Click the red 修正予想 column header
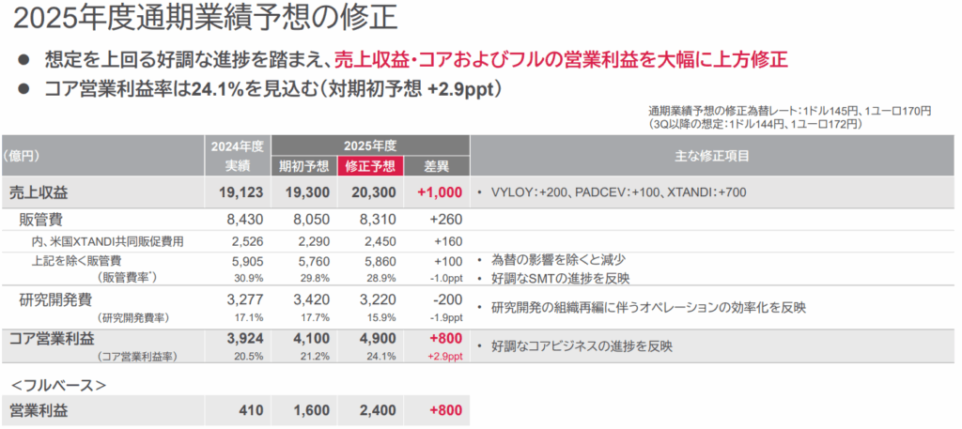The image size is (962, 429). (370, 166)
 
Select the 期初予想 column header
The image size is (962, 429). (303, 166)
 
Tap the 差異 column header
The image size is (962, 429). (437, 166)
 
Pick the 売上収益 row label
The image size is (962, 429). (39, 192)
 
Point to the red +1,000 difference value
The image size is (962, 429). (439, 192)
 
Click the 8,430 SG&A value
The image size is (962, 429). (241, 220)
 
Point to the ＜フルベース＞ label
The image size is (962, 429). (57, 385)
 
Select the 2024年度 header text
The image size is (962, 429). (236, 146)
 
